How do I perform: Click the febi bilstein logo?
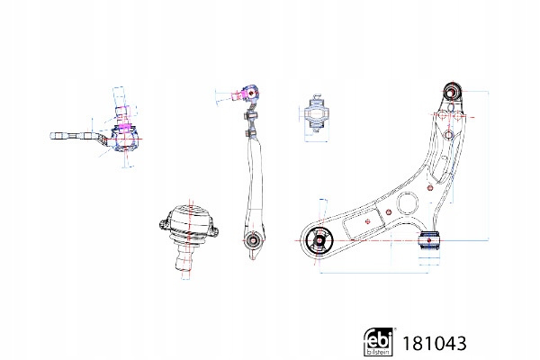(x=378, y=342)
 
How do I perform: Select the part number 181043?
(x=435, y=344)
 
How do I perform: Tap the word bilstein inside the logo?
(x=378, y=352)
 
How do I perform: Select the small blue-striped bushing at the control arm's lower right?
(x=429, y=241)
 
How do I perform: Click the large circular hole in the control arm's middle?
(x=408, y=203)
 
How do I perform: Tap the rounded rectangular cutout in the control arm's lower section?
(x=364, y=222)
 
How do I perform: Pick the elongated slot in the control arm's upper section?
(x=441, y=169)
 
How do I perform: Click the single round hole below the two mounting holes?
(x=448, y=135)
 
